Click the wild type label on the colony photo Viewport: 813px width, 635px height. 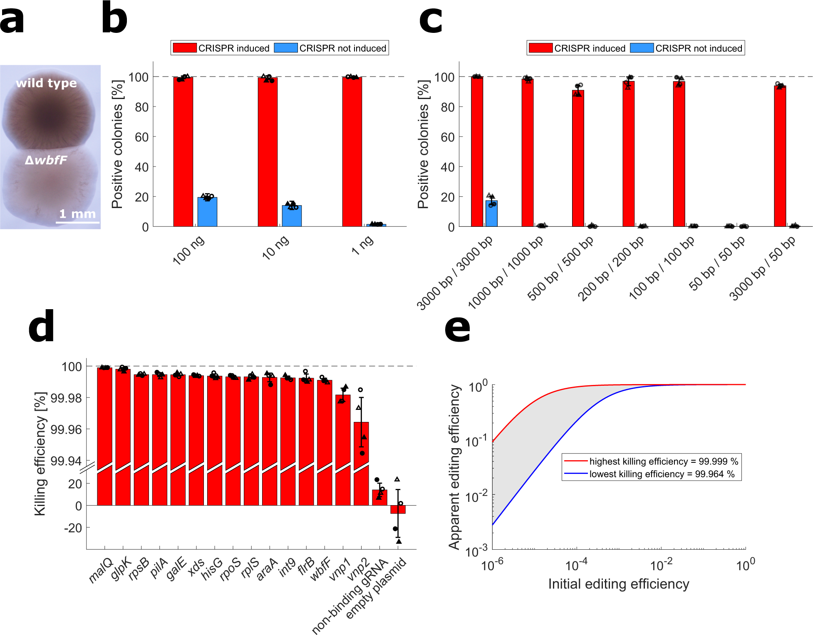pos(46,83)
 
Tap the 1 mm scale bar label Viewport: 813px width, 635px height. pos(77,214)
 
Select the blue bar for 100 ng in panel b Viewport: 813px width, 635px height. pos(207,212)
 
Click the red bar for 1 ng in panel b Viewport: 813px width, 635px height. pos(352,152)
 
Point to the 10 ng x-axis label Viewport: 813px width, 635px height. pos(275,247)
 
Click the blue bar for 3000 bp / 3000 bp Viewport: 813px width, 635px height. pos(491,213)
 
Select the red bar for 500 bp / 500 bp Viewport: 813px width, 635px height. pos(578,158)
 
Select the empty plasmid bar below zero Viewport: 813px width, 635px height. pos(398,509)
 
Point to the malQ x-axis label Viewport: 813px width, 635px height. pos(101,570)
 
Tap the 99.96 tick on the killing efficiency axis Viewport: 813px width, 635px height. pos(66,429)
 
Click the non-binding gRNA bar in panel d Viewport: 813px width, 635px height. pos(379,498)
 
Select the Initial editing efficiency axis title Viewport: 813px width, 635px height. pos(618,584)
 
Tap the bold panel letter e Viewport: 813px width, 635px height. pos(457,329)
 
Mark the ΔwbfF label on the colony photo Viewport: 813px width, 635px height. pos(46,160)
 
